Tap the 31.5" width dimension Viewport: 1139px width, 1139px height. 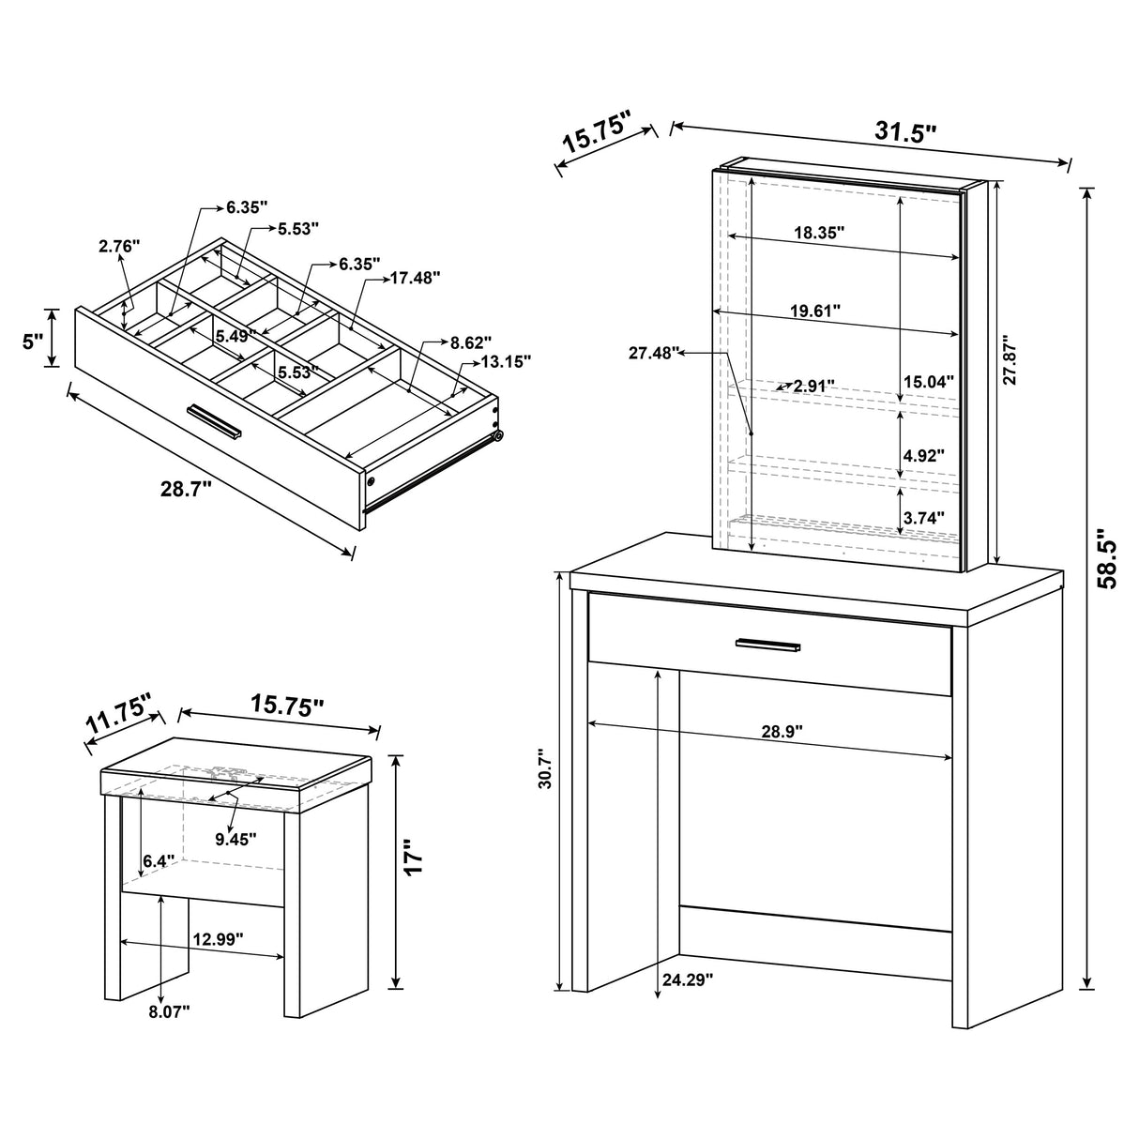point(905,132)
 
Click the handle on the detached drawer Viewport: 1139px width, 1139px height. point(214,420)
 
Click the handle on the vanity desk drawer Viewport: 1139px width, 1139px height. point(767,645)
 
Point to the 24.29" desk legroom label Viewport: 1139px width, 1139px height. point(688,980)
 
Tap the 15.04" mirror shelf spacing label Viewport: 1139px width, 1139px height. point(928,381)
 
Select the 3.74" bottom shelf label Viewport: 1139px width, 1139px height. point(923,516)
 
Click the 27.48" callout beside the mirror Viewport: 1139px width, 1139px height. point(653,353)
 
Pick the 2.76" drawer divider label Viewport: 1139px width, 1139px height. point(118,246)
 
